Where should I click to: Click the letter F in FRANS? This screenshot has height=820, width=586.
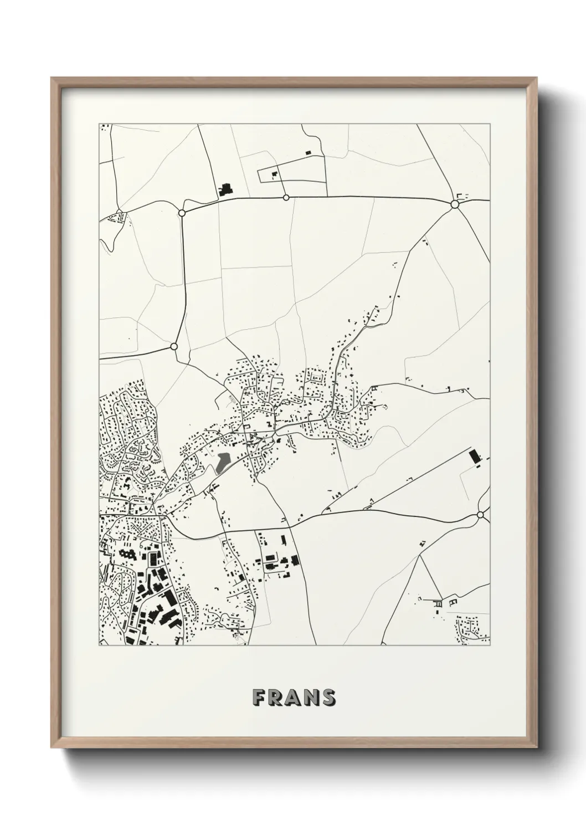(x=258, y=698)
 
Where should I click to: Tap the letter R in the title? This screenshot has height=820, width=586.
(x=275, y=698)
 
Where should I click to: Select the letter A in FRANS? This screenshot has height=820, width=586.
(x=293, y=698)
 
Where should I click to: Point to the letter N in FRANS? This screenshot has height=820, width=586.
(x=311, y=698)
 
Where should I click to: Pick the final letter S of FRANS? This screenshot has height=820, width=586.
(x=328, y=698)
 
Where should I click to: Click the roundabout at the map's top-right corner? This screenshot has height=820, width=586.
(x=455, y=204)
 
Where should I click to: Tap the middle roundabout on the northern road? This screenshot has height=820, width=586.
(x=286, y=197)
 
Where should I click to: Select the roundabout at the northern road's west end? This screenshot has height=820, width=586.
(x=182, y=213)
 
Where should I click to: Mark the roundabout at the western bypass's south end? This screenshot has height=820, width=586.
(x=174, y=346)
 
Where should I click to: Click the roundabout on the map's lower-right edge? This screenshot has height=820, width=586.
(x=480, y=515)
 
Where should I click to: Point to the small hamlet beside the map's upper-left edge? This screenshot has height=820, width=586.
(x=117, y=218)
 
